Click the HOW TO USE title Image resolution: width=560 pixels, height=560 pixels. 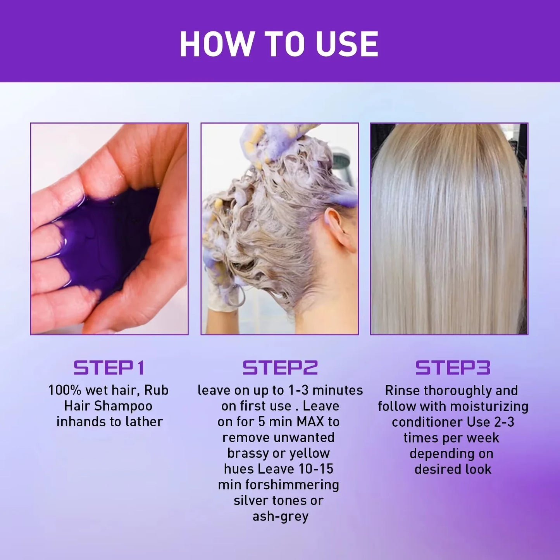click(279, 44)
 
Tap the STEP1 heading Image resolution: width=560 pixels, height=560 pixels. click(109, 367)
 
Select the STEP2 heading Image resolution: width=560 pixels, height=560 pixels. click(280, 367)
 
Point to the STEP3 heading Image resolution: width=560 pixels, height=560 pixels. click(453, 367)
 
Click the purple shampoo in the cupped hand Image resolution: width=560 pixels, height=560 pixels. click(105, 240)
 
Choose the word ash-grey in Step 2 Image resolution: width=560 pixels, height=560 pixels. click(280, 517)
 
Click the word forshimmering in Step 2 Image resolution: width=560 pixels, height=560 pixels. click(292, 485)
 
